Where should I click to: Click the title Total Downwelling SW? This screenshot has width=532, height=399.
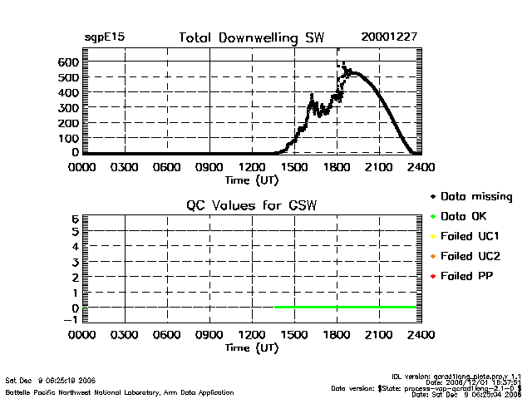tap(251, 38)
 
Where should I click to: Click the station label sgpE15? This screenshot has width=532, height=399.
tap(105, 38)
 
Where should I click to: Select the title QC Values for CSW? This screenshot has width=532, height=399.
tap(251, 204)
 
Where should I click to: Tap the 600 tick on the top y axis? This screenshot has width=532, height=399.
tap(68, 62)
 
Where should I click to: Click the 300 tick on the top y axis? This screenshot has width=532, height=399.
tap(68, 108)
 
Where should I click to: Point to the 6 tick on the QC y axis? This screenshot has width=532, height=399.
tap(74, 219)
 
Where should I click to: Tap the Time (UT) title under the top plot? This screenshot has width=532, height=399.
tap(251, 179)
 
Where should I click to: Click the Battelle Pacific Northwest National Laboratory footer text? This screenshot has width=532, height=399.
tap(121, 392)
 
